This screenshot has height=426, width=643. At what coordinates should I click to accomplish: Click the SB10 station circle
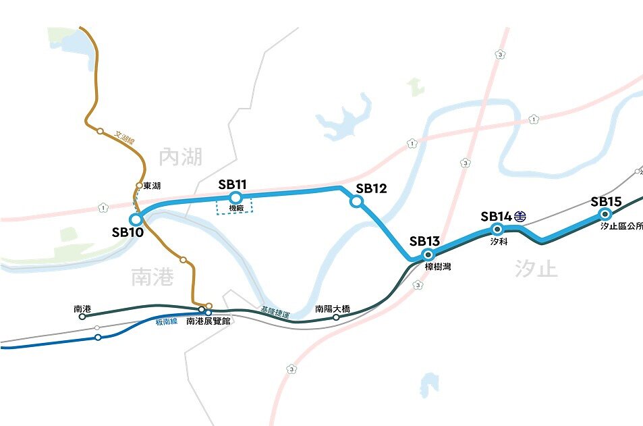(x=136, y=219)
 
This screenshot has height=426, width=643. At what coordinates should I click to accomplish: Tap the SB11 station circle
(x=235, y=197)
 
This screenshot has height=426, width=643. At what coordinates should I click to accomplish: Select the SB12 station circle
(x=357, y=201)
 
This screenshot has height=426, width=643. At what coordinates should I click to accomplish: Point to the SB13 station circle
(x=427, y=254)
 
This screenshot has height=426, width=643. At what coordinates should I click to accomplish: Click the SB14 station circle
(x=497, y=230)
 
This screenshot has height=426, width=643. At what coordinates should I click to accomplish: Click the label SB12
(x=371, y=188)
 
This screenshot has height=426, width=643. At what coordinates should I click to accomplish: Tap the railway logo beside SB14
(x=520, y=217)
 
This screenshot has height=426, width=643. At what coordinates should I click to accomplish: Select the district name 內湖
(x=181, y=158)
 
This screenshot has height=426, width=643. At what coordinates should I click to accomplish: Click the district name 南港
(x=153, y=277)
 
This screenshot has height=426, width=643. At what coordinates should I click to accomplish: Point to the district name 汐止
(x=536, y=269)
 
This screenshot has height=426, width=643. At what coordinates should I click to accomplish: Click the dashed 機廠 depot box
(x=235, y=207)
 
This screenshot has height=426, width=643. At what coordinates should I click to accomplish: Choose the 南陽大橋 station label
(x=333, y=309)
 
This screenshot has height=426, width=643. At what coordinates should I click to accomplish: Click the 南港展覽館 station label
(x=208, y=322)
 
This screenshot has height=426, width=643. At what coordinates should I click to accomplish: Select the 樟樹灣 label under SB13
(x=439, y=267)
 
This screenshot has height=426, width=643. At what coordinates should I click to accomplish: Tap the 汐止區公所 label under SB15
(x=621, y=227)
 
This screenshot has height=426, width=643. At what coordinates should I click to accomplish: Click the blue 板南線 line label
(x=166, y=321)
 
